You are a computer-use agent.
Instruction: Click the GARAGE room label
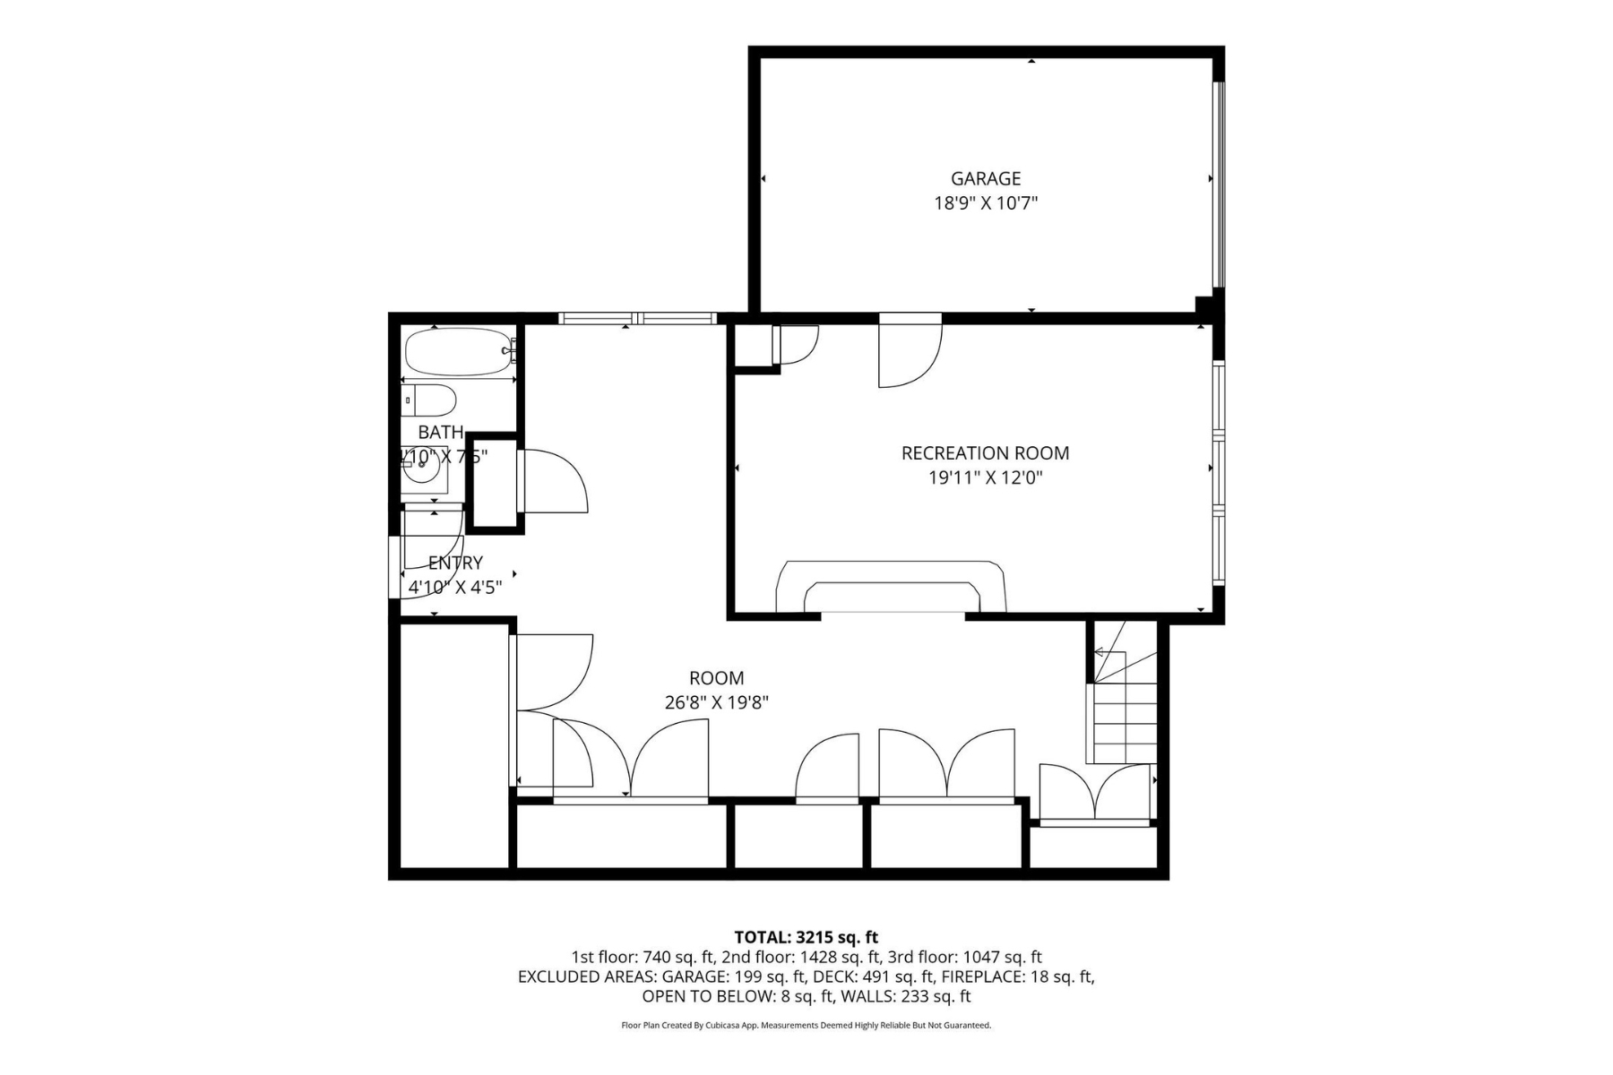[x=986, y=178]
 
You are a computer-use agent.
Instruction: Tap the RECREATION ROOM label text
[x=985, y=453]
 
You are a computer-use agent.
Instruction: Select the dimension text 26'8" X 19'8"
[x=716, y=703]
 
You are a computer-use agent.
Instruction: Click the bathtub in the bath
[x=456, y=351]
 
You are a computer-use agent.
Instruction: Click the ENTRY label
[x=455, y=563]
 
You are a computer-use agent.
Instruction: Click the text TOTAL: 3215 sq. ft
[x=806, y=938]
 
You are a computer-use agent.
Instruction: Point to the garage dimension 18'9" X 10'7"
[x=986, y=203]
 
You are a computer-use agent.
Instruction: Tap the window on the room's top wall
[x=637, y=318]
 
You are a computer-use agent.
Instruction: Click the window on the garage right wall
[x=1218, y=184]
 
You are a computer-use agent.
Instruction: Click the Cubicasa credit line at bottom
[x=806, y=1026]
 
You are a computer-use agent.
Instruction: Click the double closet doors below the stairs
[x=1094, y=794]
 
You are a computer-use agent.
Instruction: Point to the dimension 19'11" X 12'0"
[x=985, y=478]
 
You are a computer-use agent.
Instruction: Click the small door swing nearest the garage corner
[x=796, y=344]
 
